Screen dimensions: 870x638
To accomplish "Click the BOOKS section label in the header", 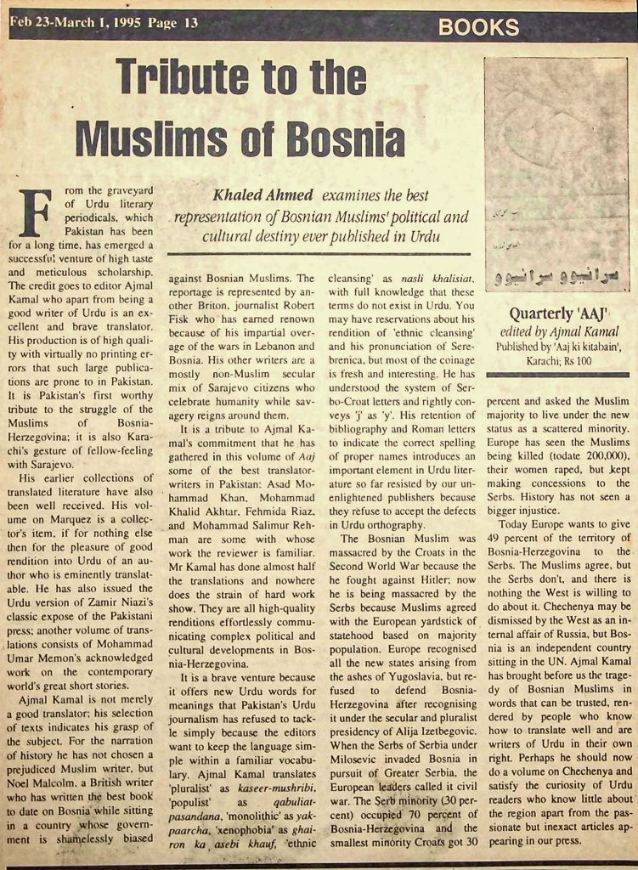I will (478, 26).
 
